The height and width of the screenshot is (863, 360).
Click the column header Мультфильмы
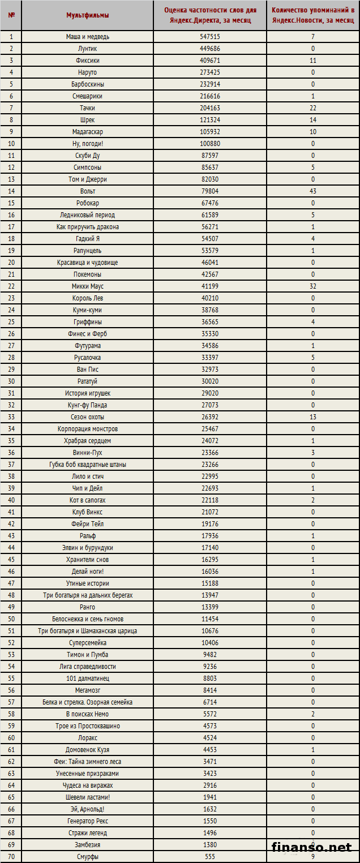87,15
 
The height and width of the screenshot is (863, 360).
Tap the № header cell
11,15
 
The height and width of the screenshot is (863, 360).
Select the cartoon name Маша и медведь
87,37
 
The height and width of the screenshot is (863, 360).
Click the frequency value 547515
210,37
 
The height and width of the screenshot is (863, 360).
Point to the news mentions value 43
312,191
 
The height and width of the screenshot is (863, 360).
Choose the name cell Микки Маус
87,286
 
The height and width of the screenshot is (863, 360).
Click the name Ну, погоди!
87,144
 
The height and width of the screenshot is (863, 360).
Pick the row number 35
11,441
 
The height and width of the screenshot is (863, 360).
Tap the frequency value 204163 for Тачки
210,108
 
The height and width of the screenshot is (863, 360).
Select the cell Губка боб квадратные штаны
87,465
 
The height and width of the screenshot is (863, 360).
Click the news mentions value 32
312,286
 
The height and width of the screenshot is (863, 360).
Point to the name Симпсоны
87,168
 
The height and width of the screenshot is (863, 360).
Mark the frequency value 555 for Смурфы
210,857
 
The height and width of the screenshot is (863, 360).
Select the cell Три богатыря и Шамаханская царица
87,631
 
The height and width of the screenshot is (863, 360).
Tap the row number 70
11,857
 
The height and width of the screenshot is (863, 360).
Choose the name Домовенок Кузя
87,750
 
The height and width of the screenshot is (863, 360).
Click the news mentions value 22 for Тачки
312,108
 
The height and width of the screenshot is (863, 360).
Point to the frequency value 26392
210,417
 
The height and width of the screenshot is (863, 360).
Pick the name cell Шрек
87,120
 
